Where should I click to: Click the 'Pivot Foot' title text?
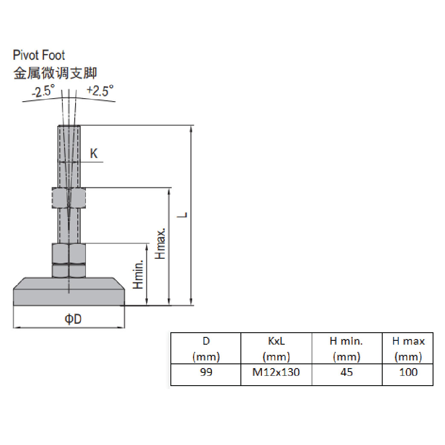pyautogui.click(x=39, y=55)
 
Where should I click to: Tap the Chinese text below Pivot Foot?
pyautogui.click(x=55, y=73)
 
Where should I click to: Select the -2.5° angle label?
pyautogui.click(x=43, y=91)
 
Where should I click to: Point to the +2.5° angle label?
pyautogui.click(x=100, y=90)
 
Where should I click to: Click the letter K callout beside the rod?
pyautogui.click(x=94, y=153)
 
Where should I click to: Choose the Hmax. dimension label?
pyautogui.click(x=160, y=243)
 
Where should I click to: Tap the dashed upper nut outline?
pyautogui.click(x=69, y=198)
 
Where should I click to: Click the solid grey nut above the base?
pyautogui.click(x=69, y=255)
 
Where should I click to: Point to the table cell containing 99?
pyautogui.click(x=206, y=372)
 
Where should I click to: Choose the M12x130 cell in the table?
pyautogui.click(x=276, y=372)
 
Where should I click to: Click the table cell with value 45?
pyautogui.click(x=346, y=372)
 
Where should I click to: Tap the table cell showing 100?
pyautogui.click(x=408, y=372)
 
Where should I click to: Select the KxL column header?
pyautogui.click(x=276, y=348)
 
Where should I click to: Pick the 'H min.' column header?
pyautogui.click(x=346, y=348)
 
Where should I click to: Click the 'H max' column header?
pyautogui.click(x=408, y=348)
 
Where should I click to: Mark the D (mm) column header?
pyautogui.click(x=206, y=348)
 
